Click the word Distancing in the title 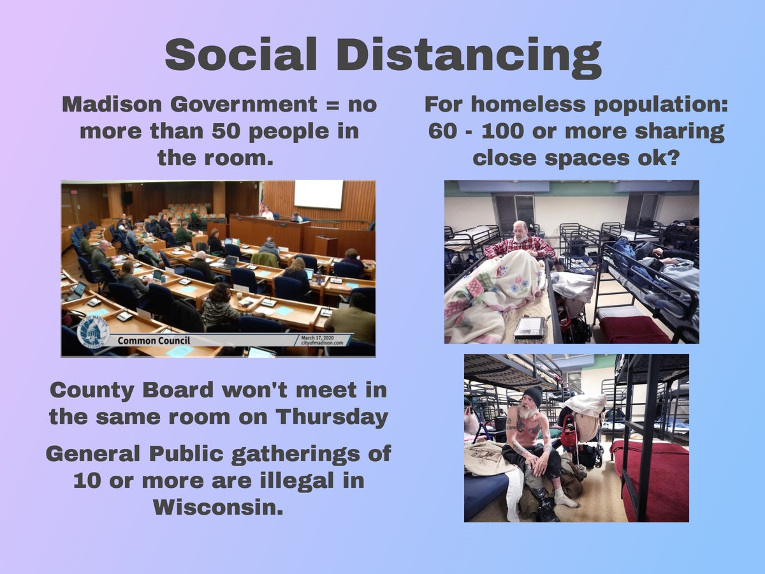(469, 57)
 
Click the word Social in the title (241, 54)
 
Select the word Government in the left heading (244, 104)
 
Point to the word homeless (529, 104)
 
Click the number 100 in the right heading (502, 131)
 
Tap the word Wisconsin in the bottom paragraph (218, 507)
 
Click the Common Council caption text (154, 341)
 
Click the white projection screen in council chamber (318, 194)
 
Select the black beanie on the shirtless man (532, 396)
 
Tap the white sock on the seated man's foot (565, 498)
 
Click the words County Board (131, 390)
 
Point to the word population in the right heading (661, 105)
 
